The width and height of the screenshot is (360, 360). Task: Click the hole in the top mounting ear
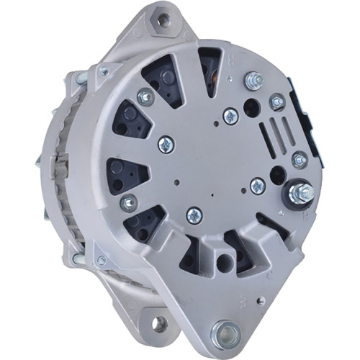tap(162, 20)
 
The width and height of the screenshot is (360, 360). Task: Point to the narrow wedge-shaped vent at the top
tap(210, 68)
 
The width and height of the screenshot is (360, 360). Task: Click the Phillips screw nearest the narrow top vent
tap(230, 114)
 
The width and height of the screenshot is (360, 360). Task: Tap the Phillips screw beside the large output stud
tap(258, 186)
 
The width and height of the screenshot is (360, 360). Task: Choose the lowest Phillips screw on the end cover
tap(194, 215)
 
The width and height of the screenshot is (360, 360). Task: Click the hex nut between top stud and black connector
tap(277, 103)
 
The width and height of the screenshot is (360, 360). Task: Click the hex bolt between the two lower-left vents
tap(130, 203)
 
